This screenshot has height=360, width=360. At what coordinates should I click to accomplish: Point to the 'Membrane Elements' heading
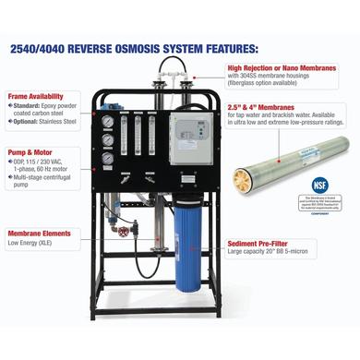click(x=41, y=233)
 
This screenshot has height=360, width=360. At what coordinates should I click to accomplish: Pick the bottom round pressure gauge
click(x=107, y=157)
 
